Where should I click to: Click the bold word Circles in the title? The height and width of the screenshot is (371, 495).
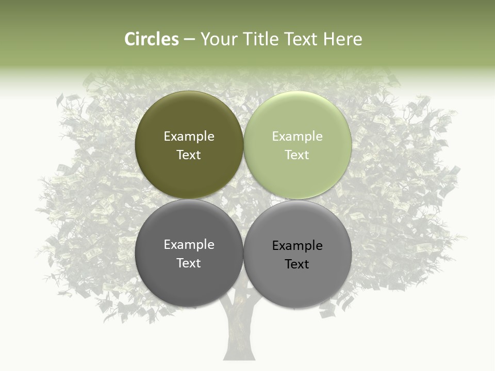[152, 39]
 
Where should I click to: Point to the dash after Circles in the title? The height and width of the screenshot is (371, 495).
[189, 40]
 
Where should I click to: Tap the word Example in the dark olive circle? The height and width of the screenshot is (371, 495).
[189, 137]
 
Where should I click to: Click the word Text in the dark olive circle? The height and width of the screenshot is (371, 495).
[189, 155]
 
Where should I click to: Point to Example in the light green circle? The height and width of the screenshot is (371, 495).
[298, 137]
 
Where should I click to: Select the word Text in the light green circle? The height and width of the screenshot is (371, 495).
[298, 155]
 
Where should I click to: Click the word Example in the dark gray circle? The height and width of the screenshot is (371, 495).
[189, 245]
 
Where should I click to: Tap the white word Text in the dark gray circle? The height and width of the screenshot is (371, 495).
[189, 263]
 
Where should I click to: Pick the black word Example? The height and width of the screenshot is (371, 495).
[298, 246]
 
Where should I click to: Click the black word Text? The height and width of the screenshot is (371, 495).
[298, 264]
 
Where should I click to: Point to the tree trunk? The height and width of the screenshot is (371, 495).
[238, 335]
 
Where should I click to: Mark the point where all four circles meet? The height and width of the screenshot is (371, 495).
[243, 199]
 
